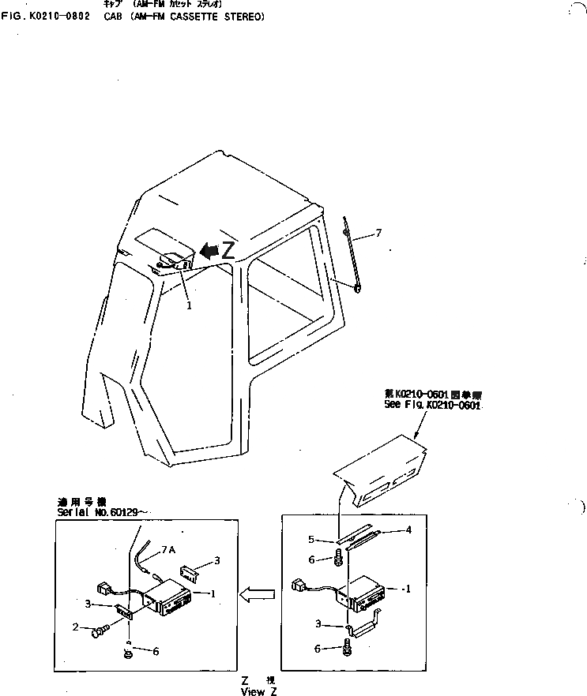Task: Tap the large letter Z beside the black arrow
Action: pyautogui.click(x=228, y=251)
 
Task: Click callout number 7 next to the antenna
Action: pyautogui.click(x=378, y=233)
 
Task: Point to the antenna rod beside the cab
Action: pyautogui.click(x=351, y=256)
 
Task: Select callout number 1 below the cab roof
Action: pyautogui.click(x=189, y=305)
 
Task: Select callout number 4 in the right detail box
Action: pyautogui.click(x=408, y=530)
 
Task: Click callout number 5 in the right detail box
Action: pyautogui.click(x=311, y=540)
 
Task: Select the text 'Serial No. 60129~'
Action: pyautogui.click(x=99, y=511)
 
